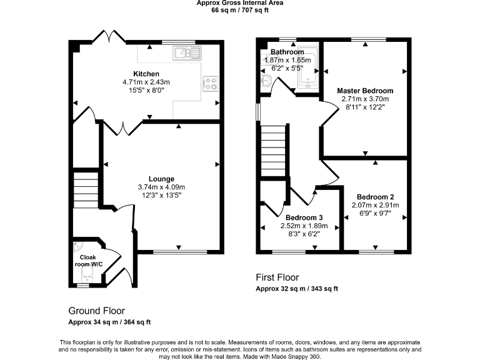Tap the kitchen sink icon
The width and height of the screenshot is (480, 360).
point(186,52)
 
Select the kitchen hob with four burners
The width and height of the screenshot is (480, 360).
point(210,83)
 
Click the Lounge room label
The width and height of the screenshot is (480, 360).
point(161,179)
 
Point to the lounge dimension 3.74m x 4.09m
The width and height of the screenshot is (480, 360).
point(161,187)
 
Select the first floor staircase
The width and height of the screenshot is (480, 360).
point(273,143)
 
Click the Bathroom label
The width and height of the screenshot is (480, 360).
point(287,52)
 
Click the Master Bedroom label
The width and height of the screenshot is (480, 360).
point(365,91)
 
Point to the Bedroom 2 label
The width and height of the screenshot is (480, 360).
point(374,196)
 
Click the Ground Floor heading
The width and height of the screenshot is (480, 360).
point(96,310)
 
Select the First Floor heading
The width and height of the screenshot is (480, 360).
point(277,277)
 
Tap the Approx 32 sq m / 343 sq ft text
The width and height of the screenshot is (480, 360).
point(297,289)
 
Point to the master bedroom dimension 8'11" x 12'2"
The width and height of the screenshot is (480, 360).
point(365,107)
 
